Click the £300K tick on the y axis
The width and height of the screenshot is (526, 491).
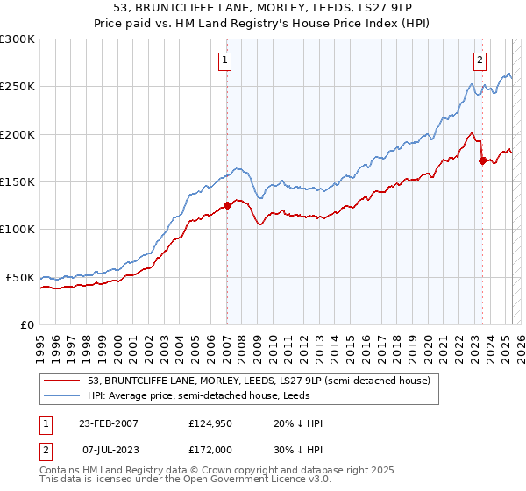click(18, 39)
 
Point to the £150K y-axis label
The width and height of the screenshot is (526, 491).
click(18, 182)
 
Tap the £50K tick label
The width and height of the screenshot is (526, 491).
click(20, 277)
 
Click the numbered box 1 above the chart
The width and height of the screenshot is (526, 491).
click(225, 60)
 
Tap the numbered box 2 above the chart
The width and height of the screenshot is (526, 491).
click(480, 60)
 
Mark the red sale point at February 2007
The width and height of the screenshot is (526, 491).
click(227, 205)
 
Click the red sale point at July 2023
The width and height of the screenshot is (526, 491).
click(482, 160)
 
